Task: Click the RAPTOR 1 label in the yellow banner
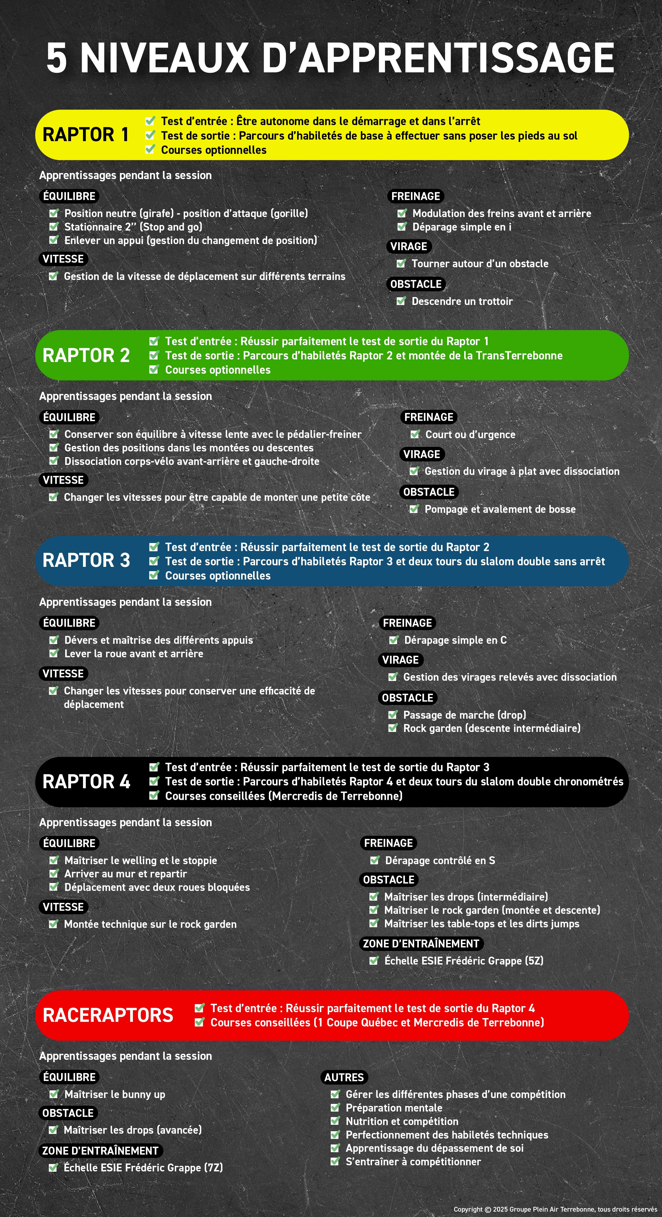tap(86, 135)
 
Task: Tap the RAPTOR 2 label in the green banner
tap(86, 355)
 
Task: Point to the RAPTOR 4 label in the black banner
tap(86, 781)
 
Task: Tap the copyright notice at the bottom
tap(555, 1209)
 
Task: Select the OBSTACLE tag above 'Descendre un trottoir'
tap(416, 284)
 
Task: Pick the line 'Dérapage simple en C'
tap(455, 640)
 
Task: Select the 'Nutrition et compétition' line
tap(402, 1121)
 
